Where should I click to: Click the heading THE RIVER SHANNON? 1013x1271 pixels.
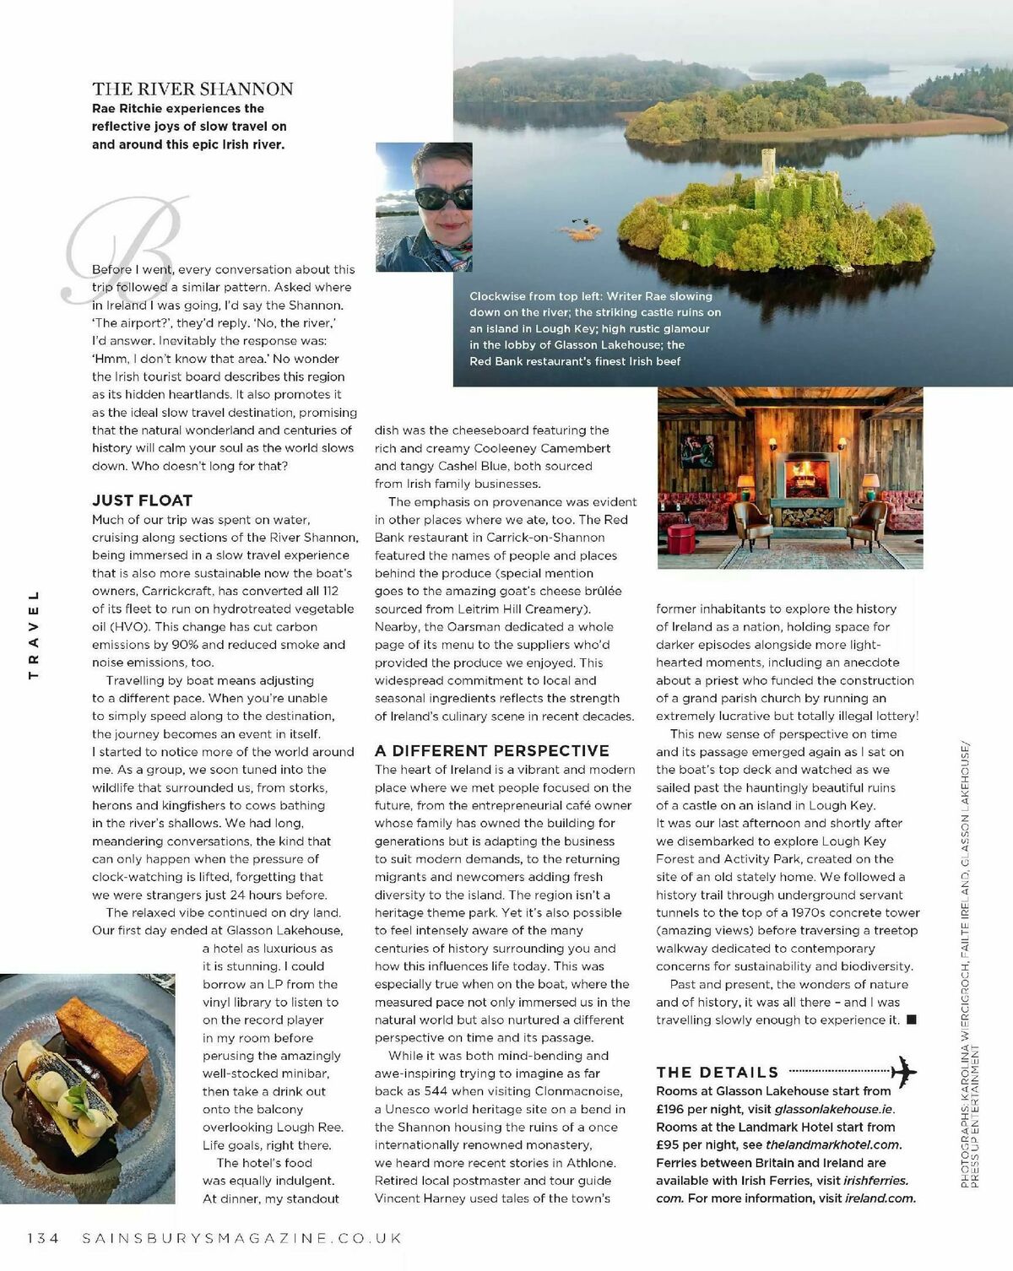[x=192, y=89]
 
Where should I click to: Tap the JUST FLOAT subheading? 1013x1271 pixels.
[x=142, y=500]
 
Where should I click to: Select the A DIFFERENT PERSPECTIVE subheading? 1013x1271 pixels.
[x=492, y=750]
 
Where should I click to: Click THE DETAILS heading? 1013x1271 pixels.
[x=718, y=1073]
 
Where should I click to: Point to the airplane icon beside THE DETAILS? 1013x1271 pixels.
[x=903, y=1072]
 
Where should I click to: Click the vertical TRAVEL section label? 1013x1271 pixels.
[x=35, y=635]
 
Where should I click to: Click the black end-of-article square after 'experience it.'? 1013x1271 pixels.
[x=911, y=1020]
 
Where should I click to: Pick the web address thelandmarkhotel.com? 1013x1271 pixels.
[x=833, y=1145]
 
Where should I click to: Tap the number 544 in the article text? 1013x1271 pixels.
[x=436, y=1091]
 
